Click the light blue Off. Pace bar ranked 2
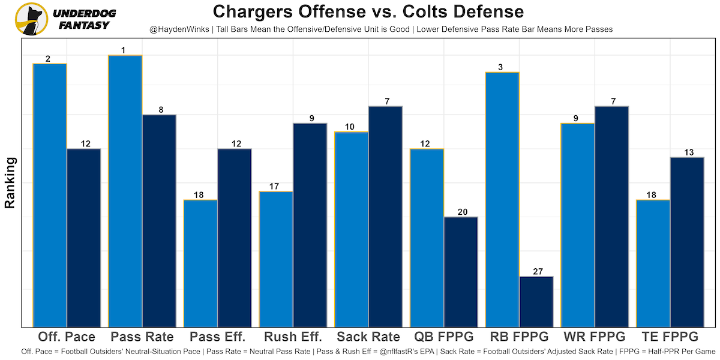tap(50, 195)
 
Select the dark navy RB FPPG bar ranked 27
tap(536, 302)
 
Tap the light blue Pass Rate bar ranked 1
tap(125, 191)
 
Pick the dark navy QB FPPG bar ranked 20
tap(461, 272)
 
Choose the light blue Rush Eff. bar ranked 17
tap(276, 259)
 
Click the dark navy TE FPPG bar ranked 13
tap(687, 242)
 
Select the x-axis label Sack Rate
tap(368, 336)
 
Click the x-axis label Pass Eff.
tap(218, 336)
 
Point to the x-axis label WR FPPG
tap(595, 336)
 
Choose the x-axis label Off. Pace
tap(67, 336)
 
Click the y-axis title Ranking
tap(10, 182)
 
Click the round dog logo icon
tap(31, 19)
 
